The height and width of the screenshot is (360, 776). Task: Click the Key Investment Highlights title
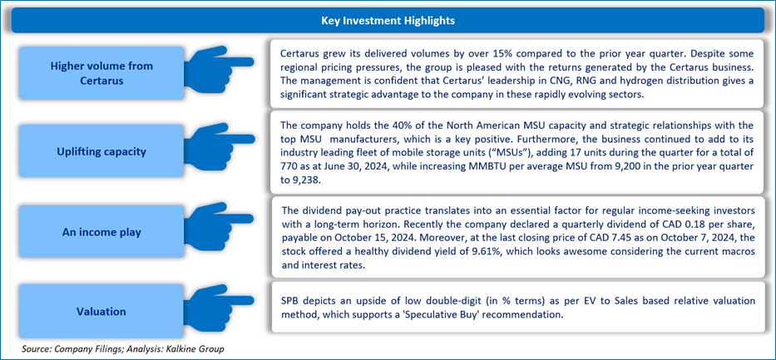388,19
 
